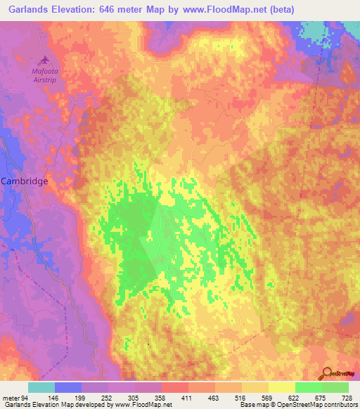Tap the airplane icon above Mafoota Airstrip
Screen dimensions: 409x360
(46, 61)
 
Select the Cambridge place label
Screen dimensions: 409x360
(25, 181)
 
